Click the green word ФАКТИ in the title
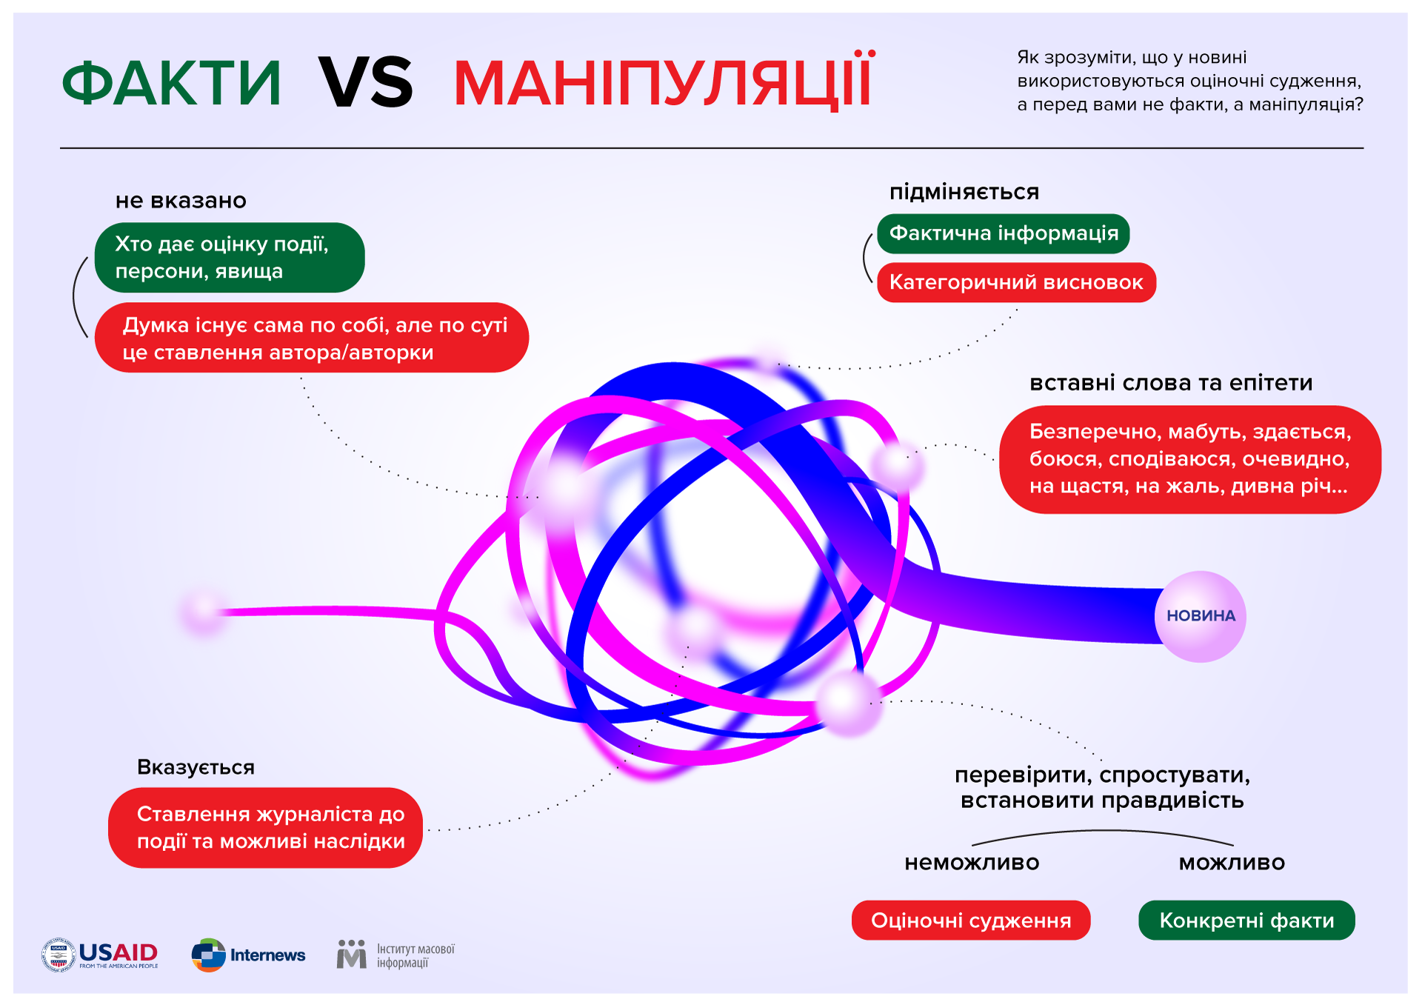click(x=171, y=83)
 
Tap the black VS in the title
click(x=365, y=82)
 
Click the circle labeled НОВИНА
click(x=1201, y=616)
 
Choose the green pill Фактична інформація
click(x=1004, y=233)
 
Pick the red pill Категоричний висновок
click(x=1016, y=282)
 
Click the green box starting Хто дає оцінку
click(x=230, y=257)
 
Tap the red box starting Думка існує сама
click(x=312, y=338)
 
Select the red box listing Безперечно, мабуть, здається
click(x=1190, y=459)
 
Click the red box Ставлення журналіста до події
click(x=266, y=827)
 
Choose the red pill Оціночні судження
click(x=971, y=920)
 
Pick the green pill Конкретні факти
click(x=1246, y=920)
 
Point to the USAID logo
click(x=100, y=955)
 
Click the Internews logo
click(x=248, y=955)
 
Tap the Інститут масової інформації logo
click(x=395, y=955)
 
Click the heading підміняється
click(x=964, y=193)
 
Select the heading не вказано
click(x=181, y=201)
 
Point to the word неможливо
click(x=972, y=863)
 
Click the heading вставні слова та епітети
click(x=1171, y=383)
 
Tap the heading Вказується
click(x=196, y=767)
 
